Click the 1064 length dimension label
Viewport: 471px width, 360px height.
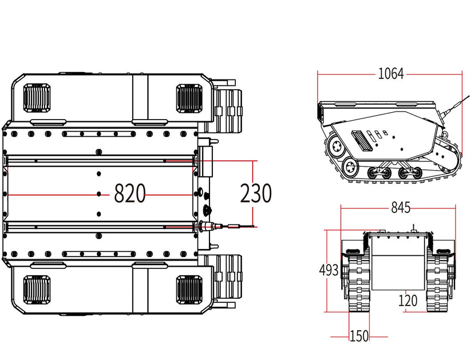point(391,74)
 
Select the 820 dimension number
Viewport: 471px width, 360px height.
point(130,195)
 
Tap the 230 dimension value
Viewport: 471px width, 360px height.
point(255,195)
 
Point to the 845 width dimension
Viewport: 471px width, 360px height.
point(401,208)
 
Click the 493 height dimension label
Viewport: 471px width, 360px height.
point(329,271)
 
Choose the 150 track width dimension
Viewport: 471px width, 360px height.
point(359,337)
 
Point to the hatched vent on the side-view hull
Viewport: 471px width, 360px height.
point(359,139)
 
